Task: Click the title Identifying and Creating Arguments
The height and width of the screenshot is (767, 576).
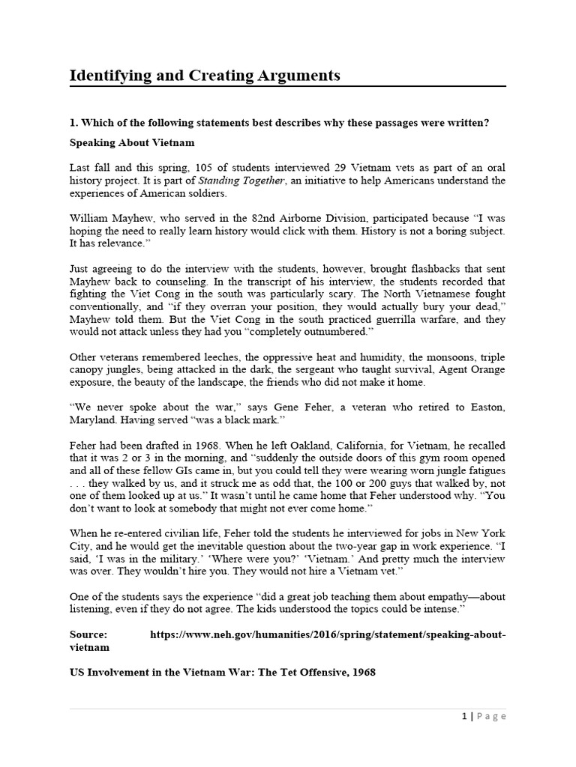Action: click(205, 76)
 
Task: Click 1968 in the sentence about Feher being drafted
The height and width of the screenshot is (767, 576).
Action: click(189, 444)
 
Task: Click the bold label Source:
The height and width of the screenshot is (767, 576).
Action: click(88, 635)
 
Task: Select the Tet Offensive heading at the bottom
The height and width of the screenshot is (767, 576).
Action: click(222, 673)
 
